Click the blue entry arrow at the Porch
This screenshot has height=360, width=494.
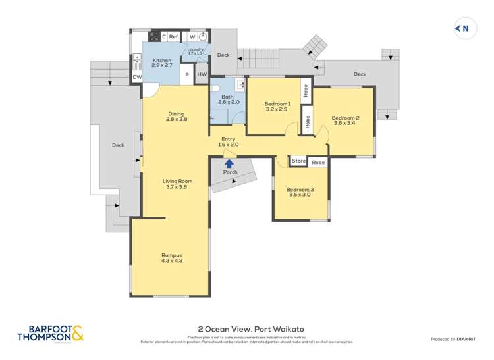(229, 163)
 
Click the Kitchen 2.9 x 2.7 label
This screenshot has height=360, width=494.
(161, 63)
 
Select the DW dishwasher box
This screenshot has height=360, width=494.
(137, 77)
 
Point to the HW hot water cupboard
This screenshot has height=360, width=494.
(202, 74)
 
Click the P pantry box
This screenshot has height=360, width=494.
(186, 74)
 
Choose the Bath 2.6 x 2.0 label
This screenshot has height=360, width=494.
(227, 99)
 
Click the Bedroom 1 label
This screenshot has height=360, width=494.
(277, 107)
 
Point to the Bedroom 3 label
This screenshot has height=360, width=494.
(300, 192)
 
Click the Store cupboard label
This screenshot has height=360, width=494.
(299, 161)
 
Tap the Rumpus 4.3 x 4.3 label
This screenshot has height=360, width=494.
(171, 258)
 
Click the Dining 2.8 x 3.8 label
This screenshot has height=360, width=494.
(176, 116)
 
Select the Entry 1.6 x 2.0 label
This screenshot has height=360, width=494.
(229, 141)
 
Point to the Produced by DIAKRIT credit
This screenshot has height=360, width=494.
(453, 339)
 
